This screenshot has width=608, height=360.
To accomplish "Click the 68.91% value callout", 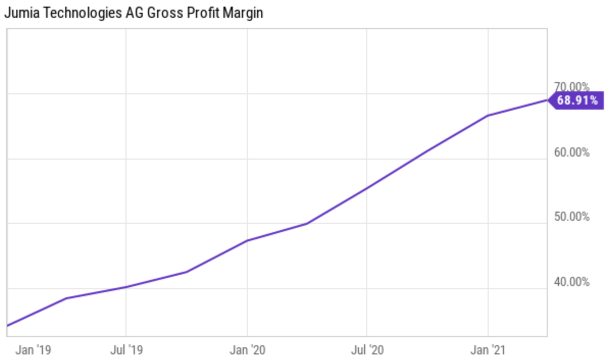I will [577, 100].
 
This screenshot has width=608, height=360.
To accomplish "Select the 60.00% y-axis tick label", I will [571, 152].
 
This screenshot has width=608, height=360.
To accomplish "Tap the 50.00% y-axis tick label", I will [571, 217].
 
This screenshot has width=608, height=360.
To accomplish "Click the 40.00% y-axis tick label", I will [571, 282].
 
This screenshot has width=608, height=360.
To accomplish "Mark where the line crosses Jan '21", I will [489, 116].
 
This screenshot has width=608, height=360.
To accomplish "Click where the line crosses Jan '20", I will [247, 240].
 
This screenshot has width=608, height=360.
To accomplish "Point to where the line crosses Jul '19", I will [126, 287].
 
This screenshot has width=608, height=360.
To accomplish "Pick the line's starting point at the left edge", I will [8, 325].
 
